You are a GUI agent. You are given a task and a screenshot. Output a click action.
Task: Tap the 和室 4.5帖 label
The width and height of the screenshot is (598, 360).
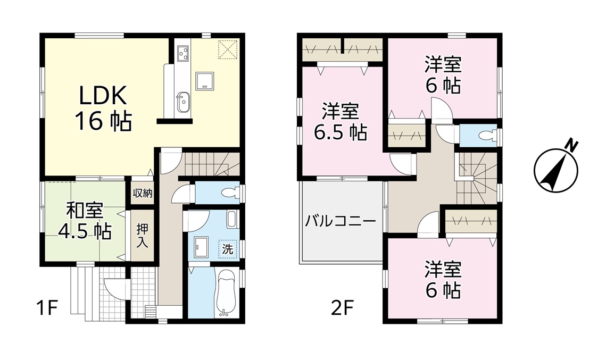pos(84,221)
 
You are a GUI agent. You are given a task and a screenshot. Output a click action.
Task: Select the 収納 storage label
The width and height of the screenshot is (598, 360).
pos(143,194)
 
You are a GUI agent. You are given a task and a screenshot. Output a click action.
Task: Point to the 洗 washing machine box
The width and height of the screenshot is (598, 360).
pos(227,250)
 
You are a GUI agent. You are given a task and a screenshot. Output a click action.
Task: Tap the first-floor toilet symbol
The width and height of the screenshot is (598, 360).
pos(231,194)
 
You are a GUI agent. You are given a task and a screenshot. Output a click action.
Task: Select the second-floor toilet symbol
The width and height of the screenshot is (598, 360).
pos(488,135)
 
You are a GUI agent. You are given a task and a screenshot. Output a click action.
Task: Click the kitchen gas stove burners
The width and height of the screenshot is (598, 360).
pos(182,53)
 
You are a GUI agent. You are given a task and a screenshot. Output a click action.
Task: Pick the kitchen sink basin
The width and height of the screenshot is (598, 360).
pos(182,103)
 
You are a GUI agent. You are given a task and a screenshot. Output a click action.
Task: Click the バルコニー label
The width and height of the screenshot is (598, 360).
pos(340,221)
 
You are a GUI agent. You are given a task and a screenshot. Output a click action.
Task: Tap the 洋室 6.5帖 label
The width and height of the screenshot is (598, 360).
pos(340,122)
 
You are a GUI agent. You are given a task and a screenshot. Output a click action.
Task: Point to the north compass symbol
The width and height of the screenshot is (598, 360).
pos(556,169)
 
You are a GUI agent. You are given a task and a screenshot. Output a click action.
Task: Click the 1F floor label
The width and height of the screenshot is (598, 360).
pos(47,308)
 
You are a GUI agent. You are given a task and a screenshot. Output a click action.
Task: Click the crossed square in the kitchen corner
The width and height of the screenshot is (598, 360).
pos(227,50)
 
